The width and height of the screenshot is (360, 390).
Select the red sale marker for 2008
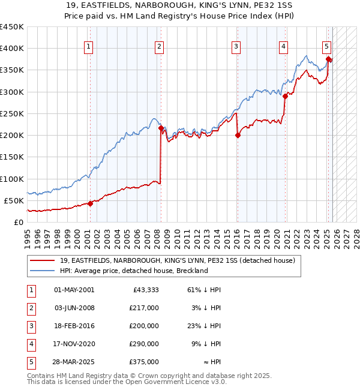[161, 128]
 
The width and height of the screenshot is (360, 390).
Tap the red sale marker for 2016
[238, 135]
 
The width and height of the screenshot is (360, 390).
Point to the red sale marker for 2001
[90, 203]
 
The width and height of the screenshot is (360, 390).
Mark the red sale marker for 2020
[285, 96]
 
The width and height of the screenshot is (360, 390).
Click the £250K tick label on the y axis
[12, 113]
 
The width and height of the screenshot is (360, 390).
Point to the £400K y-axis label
[12, 49]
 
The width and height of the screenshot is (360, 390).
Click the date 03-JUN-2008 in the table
[74, 308]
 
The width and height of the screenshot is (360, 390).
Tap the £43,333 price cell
[145, 290]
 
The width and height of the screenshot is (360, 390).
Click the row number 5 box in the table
[30, 362]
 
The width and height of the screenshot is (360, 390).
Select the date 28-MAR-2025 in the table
[74, 362]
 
